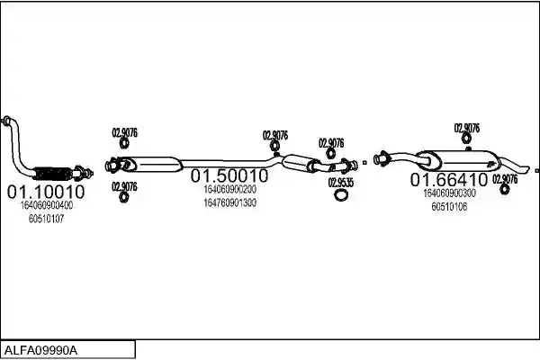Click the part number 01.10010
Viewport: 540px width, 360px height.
tap(46, 192)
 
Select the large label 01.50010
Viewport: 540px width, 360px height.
tap(229, 175)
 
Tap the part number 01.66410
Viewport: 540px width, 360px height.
tap(449, 180)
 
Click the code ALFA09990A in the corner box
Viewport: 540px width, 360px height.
tap(41, 351)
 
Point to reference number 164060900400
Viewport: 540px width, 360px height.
tap(47, 205)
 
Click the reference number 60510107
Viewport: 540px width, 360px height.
tap(47, 219)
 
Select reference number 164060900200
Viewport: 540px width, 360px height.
tap(230, 189)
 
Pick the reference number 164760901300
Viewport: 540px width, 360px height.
tap(230, 202)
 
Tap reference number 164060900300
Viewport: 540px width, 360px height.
tap(449, 193)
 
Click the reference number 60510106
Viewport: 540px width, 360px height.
tap(449, 207)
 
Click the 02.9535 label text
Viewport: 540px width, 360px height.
tap(340, 183)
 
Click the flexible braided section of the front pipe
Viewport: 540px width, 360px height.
tap(52, 173)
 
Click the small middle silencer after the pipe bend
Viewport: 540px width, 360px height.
tap(297, 162)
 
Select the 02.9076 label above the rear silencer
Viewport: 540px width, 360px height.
tap(466, 128)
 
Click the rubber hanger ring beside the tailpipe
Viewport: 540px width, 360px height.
tap(505, 189)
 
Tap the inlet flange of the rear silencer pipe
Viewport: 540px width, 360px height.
tap(381, 158)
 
